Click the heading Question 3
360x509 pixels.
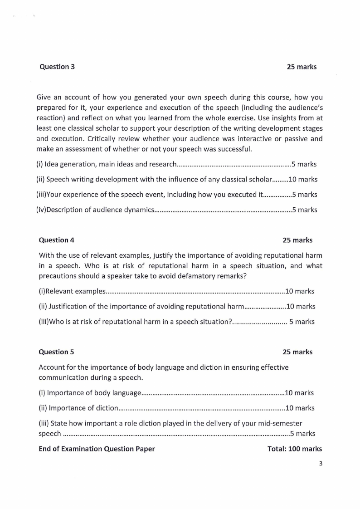pos(57,67)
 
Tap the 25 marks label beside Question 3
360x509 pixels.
pos(302,67)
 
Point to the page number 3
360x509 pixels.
pos(320,463)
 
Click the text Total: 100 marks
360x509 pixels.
pos(295,449)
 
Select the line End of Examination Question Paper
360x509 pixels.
pos(97,449)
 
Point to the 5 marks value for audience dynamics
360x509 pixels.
pos(305,210)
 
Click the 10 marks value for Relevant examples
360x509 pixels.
pos(299,291)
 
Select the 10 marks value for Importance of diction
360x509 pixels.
pos(300,408)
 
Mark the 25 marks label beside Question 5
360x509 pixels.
pos(297,352)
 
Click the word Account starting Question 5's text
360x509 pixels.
pos(51,367)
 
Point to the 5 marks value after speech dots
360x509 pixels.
pos(302,433)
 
